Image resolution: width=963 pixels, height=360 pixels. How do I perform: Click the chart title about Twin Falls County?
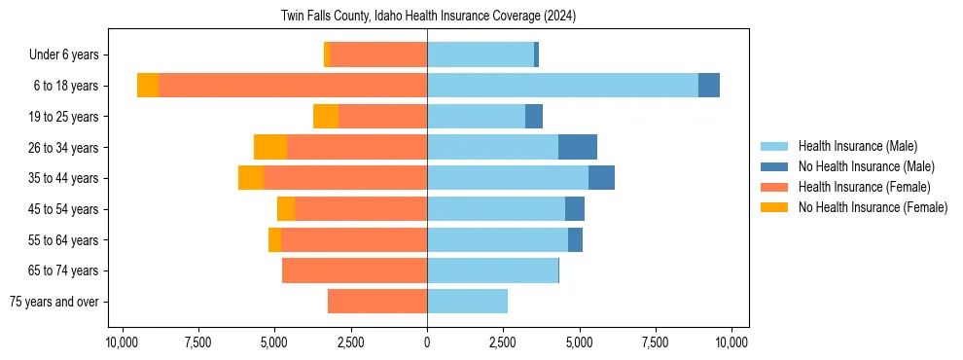tap(428, 16)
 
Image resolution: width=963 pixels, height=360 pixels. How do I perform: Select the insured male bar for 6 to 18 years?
tap(562, 86)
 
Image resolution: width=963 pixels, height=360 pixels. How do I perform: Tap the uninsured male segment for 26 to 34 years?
tap(577, 147)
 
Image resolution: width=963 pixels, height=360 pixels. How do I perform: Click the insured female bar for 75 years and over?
tap(376, 302)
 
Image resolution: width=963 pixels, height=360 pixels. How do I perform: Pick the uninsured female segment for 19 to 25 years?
tap(325, 117)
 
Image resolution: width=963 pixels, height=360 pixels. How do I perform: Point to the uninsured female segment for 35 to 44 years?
tap(251, 178)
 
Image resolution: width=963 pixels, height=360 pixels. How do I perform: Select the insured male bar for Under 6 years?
tap(480, 54)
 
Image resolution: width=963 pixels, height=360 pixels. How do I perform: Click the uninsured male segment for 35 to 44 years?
tap(601, 178)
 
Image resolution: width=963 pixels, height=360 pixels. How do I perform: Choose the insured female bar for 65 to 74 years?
tap(354, 270)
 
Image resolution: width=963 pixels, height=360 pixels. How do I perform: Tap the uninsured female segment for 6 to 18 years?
tap(148, 86)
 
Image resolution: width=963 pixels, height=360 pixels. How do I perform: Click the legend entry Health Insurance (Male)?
tap(857, 146)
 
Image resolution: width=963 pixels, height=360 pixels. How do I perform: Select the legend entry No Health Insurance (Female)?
tap(873, 207)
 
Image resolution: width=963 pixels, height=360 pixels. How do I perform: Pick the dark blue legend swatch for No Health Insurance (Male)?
tap(774, 166)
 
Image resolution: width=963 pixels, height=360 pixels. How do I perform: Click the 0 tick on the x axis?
tap(427, 342)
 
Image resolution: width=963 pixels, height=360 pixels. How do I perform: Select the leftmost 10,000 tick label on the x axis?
tap(122, 342)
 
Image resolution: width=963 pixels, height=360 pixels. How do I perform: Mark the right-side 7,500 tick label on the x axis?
tap(655, 342)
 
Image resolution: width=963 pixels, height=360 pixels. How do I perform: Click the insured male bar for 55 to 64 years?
tap(497, 239)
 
